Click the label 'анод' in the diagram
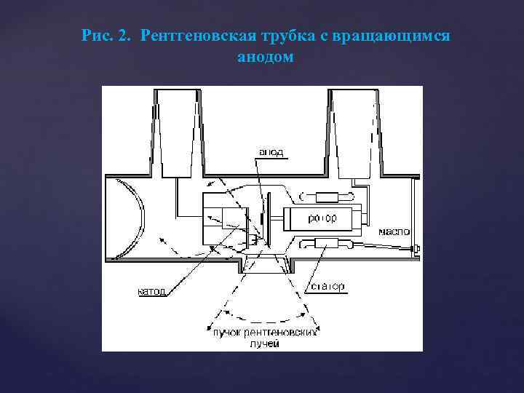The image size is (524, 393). click(271, 153)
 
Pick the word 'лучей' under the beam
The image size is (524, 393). click(266, 343)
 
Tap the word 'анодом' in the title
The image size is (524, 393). click(266, 56)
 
